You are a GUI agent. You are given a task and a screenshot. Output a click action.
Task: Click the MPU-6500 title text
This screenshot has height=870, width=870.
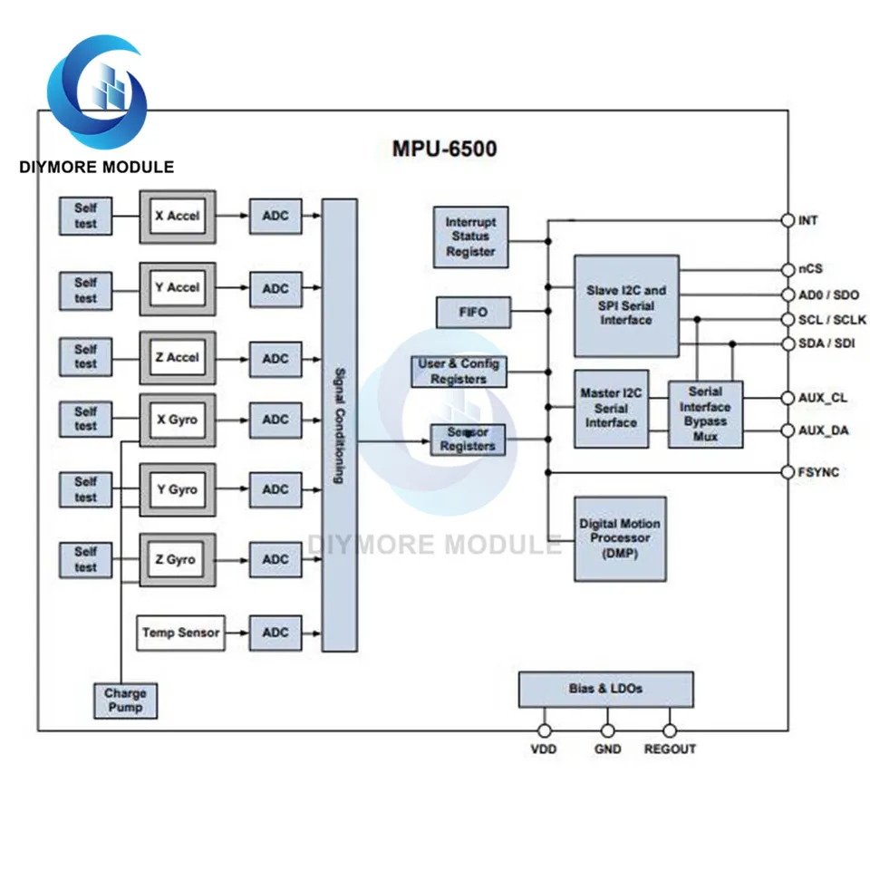pyautogui.click(x=444, y=149)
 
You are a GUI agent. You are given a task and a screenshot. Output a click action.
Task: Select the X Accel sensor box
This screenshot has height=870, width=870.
pyautogui.click(x=178, y=217)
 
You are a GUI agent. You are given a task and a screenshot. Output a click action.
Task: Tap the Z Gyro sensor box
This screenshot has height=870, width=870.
pyautogui.click(x=178, y=559)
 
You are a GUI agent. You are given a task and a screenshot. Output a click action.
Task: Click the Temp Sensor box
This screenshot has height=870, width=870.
pyautogui.click(x=180, y=633)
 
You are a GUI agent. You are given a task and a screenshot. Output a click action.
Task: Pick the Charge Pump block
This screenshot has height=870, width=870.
pyautogui.click(x=125, y=701)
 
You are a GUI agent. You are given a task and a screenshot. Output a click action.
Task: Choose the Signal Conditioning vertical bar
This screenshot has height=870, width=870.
pyautogui.click(x=339, y=425)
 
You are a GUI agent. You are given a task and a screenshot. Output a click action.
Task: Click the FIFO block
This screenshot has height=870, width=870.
pyautogui.click(x=471, y=313)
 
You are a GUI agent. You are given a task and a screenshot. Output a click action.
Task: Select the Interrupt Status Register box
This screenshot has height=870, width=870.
pyautogui.click(x=470, y=237)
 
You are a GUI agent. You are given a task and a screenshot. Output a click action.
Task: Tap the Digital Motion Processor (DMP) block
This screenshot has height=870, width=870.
pyautogui.click(x=620, y=538)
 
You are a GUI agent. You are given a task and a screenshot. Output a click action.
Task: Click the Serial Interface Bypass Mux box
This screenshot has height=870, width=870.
pyautogui.click(x=705, y=414)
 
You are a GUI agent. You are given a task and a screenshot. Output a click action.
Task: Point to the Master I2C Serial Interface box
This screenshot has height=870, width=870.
pyautogui.click(x=611, y=409)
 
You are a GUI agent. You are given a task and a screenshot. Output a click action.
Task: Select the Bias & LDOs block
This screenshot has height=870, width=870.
pyautogui.click(x=605, y=689)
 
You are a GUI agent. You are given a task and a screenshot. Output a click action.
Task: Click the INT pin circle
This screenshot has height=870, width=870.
pyautogui.click(x=788, y=220)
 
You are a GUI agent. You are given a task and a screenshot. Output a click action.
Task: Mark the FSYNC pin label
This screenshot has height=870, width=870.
pyautogui.click(x=818, y=472)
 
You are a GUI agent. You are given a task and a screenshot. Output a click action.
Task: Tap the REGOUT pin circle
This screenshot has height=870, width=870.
pyautogui.click(x=670, y=730)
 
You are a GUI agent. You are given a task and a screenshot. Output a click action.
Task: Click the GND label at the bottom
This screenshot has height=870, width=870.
pyautogui.click(x=607, y=749)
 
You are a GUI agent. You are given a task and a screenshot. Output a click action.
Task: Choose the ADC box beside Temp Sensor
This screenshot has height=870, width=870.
pyautogui.click(x=275, y=633)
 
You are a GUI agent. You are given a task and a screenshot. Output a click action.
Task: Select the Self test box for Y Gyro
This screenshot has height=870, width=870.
pyautogui.click(x=85, y=489)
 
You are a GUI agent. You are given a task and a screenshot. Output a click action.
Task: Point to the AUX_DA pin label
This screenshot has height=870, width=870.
pyautogui.click(x=823, y=430)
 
